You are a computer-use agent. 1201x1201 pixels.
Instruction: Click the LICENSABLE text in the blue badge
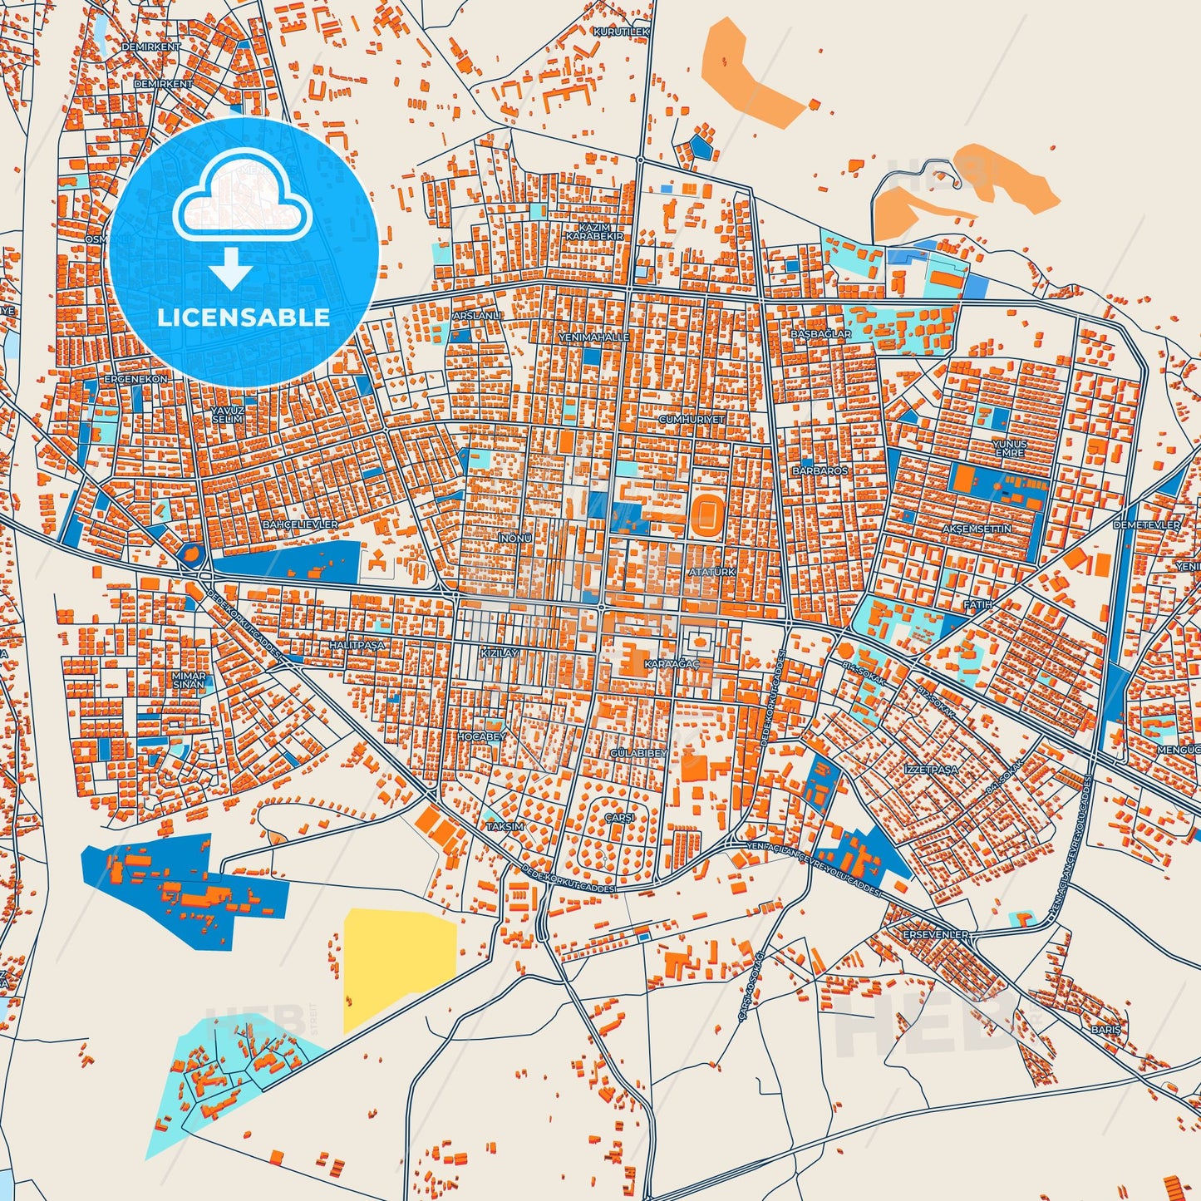pyautogui.click(x=243, y=317)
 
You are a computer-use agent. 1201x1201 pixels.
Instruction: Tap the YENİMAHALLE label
pyautogui.click(x=593, y=337)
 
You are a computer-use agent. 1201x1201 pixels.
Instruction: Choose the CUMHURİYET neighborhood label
pyautogui.click(x=692, y=420)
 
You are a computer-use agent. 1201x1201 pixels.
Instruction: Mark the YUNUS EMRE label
pyautogui.click(x=1009, y=449)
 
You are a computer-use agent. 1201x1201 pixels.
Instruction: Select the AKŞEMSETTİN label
pyautogui.click(x=977, y=529)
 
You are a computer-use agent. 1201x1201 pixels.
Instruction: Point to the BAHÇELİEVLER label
pyautogui.click(x=300, y=525)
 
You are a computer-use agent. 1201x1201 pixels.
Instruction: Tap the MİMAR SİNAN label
pyautogui.click(x=188, y=681)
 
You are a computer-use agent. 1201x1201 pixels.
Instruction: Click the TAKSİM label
pyautogui.click(x=505, y=827)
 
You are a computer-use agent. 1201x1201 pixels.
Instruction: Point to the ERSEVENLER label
pyautogui.click(x=935, y=935)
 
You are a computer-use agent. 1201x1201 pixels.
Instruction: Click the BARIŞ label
pyautogui.click(x=1106, y=1030)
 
